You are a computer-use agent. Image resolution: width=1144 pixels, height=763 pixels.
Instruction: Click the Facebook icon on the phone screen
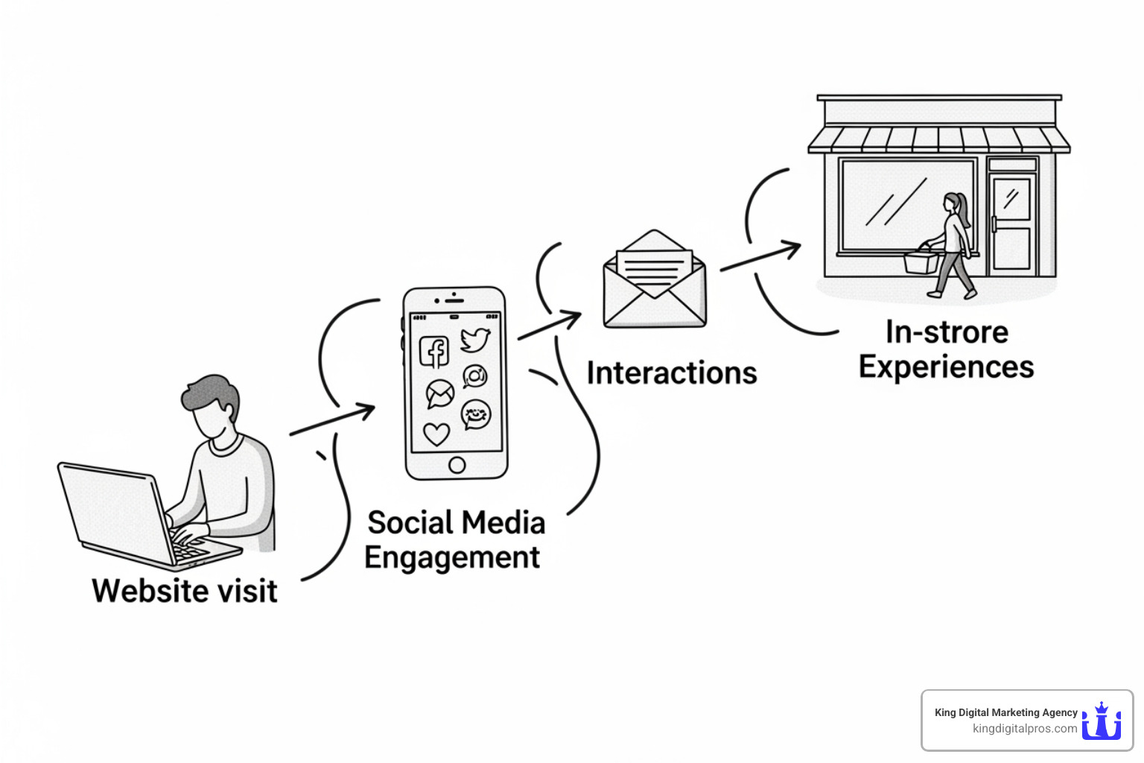pos(434,352)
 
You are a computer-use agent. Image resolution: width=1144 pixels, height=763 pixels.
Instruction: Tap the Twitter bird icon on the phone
pos(475,340)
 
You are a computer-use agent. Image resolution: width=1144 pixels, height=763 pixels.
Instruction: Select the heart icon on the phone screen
pos(436,433)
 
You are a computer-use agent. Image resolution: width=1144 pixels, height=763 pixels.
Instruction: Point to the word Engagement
pos(452,558)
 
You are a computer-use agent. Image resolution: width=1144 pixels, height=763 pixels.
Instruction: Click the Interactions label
pos(671,373)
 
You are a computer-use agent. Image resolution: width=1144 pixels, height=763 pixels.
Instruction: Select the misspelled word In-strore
pos(947,332)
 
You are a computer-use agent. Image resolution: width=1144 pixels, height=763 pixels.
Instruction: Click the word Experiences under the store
pos(946,367)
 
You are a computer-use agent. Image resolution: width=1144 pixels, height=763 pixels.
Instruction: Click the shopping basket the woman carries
pos(921,261)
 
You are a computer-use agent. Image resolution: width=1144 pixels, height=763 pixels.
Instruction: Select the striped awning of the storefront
pos(938,139)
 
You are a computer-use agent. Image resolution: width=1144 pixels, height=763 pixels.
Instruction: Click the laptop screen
pos(112,510)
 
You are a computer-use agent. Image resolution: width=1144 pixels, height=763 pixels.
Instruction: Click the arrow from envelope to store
pos(760,257)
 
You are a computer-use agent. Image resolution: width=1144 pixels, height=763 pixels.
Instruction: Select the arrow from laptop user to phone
pos(332,420)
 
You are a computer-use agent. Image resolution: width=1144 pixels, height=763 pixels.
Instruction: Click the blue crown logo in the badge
pos(1102,721)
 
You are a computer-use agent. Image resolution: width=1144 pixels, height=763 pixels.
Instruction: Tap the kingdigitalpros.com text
pos(1024,729)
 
